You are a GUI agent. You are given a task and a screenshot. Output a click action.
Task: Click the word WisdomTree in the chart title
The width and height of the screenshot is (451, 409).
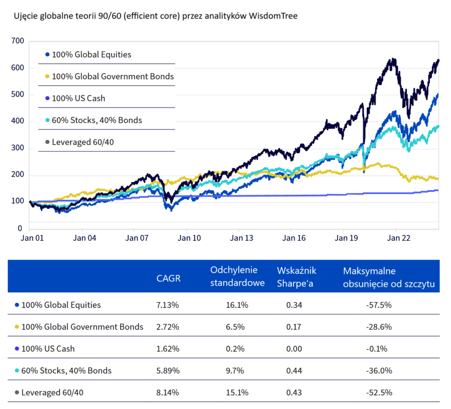[273, 16]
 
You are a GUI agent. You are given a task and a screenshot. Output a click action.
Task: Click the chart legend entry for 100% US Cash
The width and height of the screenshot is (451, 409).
[78, 98]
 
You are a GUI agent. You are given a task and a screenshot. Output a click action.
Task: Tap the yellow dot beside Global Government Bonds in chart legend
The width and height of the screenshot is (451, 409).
[47, 77]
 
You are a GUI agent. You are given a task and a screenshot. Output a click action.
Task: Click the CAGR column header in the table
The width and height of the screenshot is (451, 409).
[168, 279]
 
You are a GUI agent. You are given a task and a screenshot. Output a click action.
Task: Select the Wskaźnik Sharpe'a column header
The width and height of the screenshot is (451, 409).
[296, 276]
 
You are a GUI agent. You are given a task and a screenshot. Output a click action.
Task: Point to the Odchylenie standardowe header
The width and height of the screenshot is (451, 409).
[237, 276]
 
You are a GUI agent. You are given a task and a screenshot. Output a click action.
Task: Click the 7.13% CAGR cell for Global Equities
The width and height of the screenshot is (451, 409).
[168, 305]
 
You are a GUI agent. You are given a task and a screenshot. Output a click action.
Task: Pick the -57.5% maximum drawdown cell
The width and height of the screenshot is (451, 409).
[379, 305]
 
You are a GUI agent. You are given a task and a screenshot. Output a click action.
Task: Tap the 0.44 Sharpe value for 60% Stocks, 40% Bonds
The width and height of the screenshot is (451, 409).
[294, 371]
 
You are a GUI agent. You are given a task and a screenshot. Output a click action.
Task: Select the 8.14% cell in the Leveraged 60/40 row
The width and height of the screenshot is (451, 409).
[168, 393]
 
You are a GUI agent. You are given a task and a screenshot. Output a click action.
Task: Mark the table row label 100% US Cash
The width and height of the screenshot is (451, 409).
[48, 349]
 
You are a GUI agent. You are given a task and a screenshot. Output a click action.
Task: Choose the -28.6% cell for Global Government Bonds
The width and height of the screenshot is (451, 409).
[379, 327]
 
